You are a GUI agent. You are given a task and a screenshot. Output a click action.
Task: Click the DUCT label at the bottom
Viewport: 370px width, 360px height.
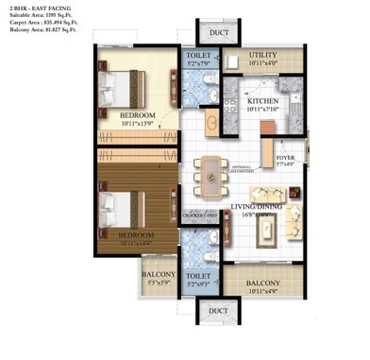219,310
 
